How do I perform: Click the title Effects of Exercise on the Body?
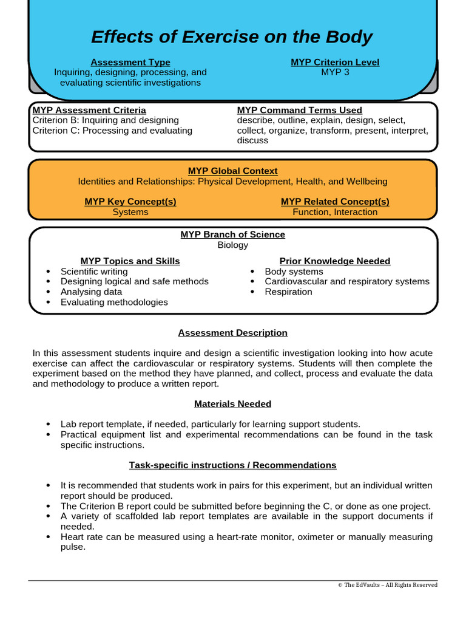tap(231, 38)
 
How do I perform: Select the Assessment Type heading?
tap(130, 63)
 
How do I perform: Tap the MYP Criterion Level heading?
tap(335, 63)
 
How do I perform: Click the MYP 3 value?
tap(335, 72)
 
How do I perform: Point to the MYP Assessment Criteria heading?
tap(89, 110)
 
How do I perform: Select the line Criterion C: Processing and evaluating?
tap(112, 130)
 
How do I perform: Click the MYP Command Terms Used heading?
tap(299, 110)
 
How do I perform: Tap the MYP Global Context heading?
tap(233, 171)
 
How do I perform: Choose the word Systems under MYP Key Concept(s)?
tap(130, 212)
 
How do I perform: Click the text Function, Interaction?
tap(335, 212)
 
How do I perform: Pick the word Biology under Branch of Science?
tap(233, 245)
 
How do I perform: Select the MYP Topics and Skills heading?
tap(130, 261)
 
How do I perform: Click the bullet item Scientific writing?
tap(94, 272)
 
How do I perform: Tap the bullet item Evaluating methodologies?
tap(114, 302)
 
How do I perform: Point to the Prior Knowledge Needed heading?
tap(335, 261)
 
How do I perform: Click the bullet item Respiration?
tap(288, 292)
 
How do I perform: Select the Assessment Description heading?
tap(233, 333)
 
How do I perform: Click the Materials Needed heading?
tap(233, 404)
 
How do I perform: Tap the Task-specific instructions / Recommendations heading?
tap(233, 465)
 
